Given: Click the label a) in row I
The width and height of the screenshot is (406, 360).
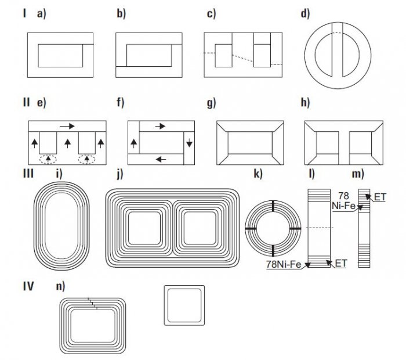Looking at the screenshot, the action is (x=41, y=13).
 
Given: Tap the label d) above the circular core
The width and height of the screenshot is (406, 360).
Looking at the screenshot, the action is (x=305, y=13).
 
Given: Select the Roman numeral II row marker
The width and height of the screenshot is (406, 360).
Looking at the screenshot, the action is (x=26, y=102).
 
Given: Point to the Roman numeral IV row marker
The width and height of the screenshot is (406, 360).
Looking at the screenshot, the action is (x=28, y=286).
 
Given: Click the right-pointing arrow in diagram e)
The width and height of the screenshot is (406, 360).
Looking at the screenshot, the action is (x=67, y=126).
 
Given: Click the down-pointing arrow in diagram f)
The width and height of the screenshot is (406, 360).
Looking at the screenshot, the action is (x=189, y=143).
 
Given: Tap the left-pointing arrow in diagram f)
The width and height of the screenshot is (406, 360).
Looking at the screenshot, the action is (x=161, y=159).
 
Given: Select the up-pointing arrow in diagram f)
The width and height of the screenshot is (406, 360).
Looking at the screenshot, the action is (x=133, y=143).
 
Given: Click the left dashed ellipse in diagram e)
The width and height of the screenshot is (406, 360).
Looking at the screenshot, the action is (x=48, y=159).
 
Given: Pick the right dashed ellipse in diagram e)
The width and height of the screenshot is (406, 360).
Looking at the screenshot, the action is (x=87, y=159).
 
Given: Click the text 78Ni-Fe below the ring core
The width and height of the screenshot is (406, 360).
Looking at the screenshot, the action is (x=284, y=264).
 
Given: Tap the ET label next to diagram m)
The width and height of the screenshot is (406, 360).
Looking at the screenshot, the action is (x=380, y=197).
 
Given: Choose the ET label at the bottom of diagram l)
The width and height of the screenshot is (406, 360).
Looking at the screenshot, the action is (x=341, y=264).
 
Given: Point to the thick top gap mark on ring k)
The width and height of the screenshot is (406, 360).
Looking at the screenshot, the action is (x=273, y=206).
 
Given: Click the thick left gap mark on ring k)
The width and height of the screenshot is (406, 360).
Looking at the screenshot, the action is (x=251, y=228).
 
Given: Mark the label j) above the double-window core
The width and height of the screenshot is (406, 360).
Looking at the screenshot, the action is (x=120, y=174).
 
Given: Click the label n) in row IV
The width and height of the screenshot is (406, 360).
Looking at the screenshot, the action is (x=60, y=286).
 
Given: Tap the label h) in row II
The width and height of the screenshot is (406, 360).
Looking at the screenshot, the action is (x=305, y=102).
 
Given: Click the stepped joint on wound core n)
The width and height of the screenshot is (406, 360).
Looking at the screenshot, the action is (x=93, y=303).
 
